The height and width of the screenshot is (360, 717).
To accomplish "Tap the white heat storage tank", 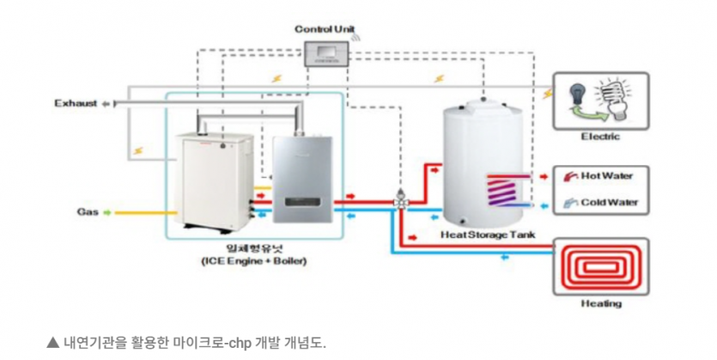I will (x=481, y=163).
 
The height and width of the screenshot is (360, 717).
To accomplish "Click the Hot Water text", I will (x=606, y=176).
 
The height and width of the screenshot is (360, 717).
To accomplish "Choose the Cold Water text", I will (x=608, y=203).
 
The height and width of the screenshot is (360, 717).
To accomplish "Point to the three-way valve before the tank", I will (x=400, y=201).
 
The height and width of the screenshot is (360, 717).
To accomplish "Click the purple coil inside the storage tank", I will (x=507, y=190).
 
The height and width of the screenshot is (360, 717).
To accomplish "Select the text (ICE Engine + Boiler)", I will (x=250, y=260).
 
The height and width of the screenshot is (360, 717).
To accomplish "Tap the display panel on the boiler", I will (x=306, y=203).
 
